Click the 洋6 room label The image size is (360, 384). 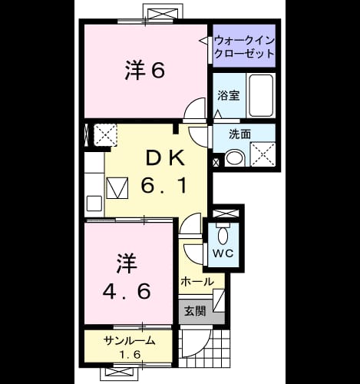click(x=145, y=71)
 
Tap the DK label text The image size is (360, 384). click(x=165, y=158)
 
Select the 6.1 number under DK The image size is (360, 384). click(x=163, y=185)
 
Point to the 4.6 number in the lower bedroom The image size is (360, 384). click(x=127, y=291)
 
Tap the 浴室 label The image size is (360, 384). click(x=229, y=95)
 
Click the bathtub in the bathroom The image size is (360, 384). click(x=261, y=95)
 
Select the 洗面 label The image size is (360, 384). click(x=239, y=134)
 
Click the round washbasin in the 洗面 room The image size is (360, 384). click(x=235, y=158)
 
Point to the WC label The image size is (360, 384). click(x=223, y=253)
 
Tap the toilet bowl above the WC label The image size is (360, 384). click(x=223, y=236)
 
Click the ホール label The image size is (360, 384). click(x=197, y=282)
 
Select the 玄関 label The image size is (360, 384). click(x=195, y=311)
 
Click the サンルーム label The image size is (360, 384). click(x=130, y=341)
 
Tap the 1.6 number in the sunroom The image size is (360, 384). click(x=130, y=354)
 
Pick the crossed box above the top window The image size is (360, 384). click(x=163, y=14)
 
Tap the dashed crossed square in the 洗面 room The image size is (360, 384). click(x=263, y=154)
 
